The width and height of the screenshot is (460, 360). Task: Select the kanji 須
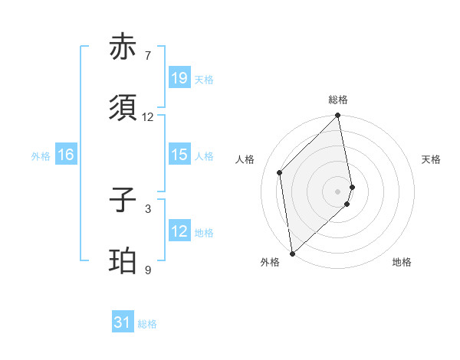(x=123, y=109)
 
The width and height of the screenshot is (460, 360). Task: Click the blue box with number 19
(x=179, y=78)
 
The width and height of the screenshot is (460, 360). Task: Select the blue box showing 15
(x=179, y=155)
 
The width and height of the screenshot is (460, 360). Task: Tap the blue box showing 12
(x=179, y=231)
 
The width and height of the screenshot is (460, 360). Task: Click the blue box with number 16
(x=66, y=155)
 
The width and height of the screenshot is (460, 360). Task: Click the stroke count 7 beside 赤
(x=148, y=56)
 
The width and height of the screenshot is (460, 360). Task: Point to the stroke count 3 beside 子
(x=148, y=208)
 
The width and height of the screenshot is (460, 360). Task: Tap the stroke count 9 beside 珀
(x=148, y=270)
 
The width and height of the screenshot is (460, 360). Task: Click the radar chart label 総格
(x=338, y=100)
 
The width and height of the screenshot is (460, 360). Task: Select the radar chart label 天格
(x=431, y=159)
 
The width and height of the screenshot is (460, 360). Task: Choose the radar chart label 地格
(x=402, y=263)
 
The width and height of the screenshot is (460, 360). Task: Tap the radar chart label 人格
(x=245, y=159)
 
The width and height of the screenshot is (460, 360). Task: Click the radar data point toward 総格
(x=338, y=116)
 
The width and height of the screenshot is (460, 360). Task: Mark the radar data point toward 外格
(x=292, y=254)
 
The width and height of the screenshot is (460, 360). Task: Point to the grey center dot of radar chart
(x=338, y=191)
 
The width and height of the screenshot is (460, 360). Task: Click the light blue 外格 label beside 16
(x=41, y=155)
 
